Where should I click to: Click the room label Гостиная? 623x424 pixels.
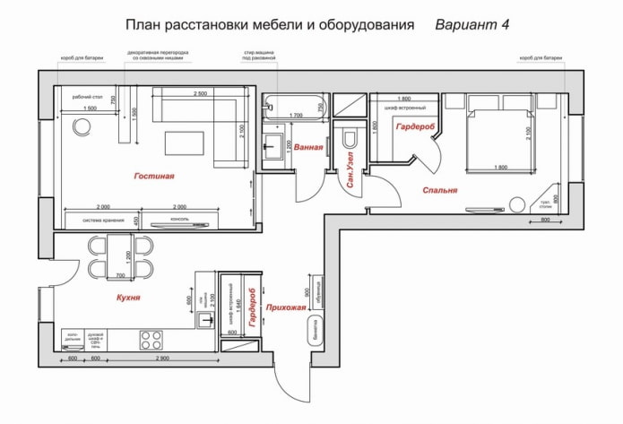click(x=154, y=177)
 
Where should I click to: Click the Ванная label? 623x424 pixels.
click(x=307, y=145)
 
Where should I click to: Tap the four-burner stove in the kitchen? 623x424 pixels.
click(x=151, y=340)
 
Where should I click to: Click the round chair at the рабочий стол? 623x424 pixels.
click(x=82, y=126)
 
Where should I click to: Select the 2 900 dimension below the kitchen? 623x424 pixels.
click(x=162, y=359)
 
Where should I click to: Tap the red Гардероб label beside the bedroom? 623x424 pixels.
click(x=419, y=128)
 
